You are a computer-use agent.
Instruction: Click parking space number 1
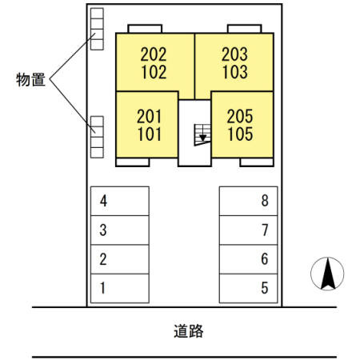pos(120,287)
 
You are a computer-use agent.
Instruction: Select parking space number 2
pos(120,258)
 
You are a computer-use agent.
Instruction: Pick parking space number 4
pos(120,201)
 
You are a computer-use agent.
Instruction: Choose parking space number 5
pos(249,287)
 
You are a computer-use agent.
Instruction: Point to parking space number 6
pos(249,258)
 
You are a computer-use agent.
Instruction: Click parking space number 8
pos(249,201)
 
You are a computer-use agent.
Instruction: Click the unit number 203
pos(234,55)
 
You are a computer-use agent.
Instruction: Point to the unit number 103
pos(234,72)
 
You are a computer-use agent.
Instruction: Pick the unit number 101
pos(150,134)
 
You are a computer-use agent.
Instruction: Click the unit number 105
pos(240,134)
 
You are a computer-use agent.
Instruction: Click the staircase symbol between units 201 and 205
pos(202,134)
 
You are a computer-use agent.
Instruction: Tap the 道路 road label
pos(187,330)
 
